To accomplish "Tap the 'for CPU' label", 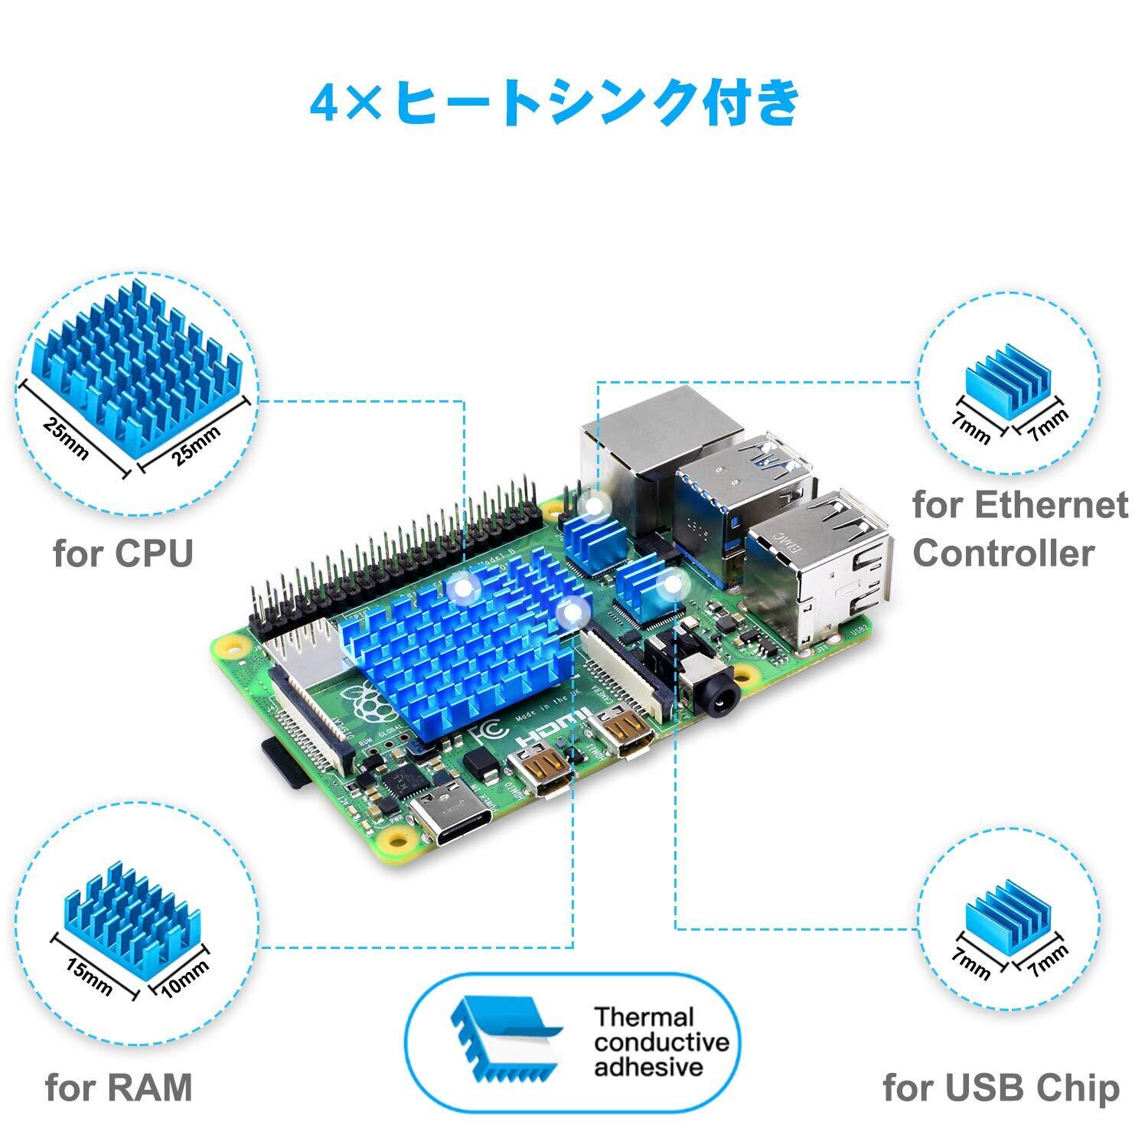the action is click(123, 553).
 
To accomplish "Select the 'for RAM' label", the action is click(119, 1087).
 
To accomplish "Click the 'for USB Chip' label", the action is click(1000, 1088).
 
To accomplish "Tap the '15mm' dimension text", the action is click(89, 976).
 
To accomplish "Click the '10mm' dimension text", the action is click(184, 979).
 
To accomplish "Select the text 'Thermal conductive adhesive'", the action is click(662, 1042).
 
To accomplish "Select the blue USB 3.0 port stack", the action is click(746, 497).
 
